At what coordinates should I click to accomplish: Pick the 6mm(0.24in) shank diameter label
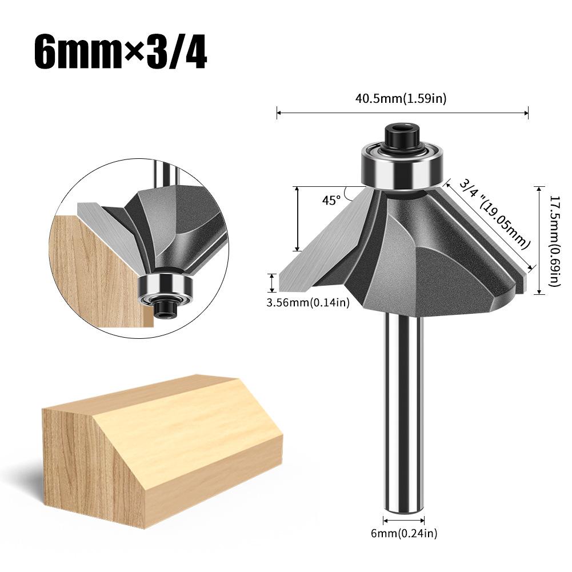tap(403, 534)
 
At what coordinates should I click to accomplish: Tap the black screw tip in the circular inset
tap(166, 309)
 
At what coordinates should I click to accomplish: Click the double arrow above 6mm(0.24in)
tap(403, 521)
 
